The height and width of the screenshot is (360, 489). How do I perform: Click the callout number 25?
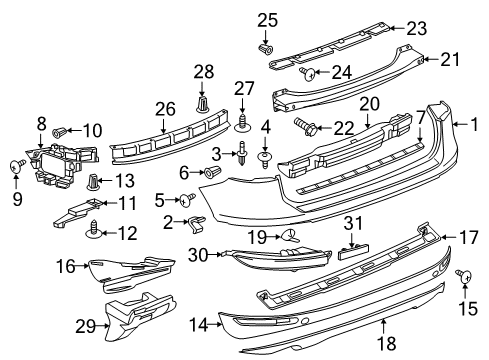coord(267,20)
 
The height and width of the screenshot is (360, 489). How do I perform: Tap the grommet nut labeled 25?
coord(266,49)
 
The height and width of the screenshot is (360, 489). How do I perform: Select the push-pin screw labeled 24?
coord(308,74)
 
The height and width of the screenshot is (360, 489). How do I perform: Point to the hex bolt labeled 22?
coord(306,127)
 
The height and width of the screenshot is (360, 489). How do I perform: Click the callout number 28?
coord(204,72)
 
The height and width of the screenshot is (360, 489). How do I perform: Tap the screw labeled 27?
coord(242,123)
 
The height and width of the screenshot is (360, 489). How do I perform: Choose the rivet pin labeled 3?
coord(243,154)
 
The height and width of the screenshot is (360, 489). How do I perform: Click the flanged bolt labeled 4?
coord(265,159)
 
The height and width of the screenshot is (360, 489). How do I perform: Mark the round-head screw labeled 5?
coord(187,199)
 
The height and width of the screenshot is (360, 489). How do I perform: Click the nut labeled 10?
coord(59,132)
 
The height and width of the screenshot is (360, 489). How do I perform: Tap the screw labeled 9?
coord(17,165)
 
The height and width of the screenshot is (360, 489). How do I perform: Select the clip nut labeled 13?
coord(93,182)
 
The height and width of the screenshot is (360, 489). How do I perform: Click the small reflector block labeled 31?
coord(353,251)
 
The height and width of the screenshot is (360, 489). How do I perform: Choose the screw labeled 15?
coord(465,275)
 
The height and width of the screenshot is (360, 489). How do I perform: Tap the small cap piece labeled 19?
coord(290,236)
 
